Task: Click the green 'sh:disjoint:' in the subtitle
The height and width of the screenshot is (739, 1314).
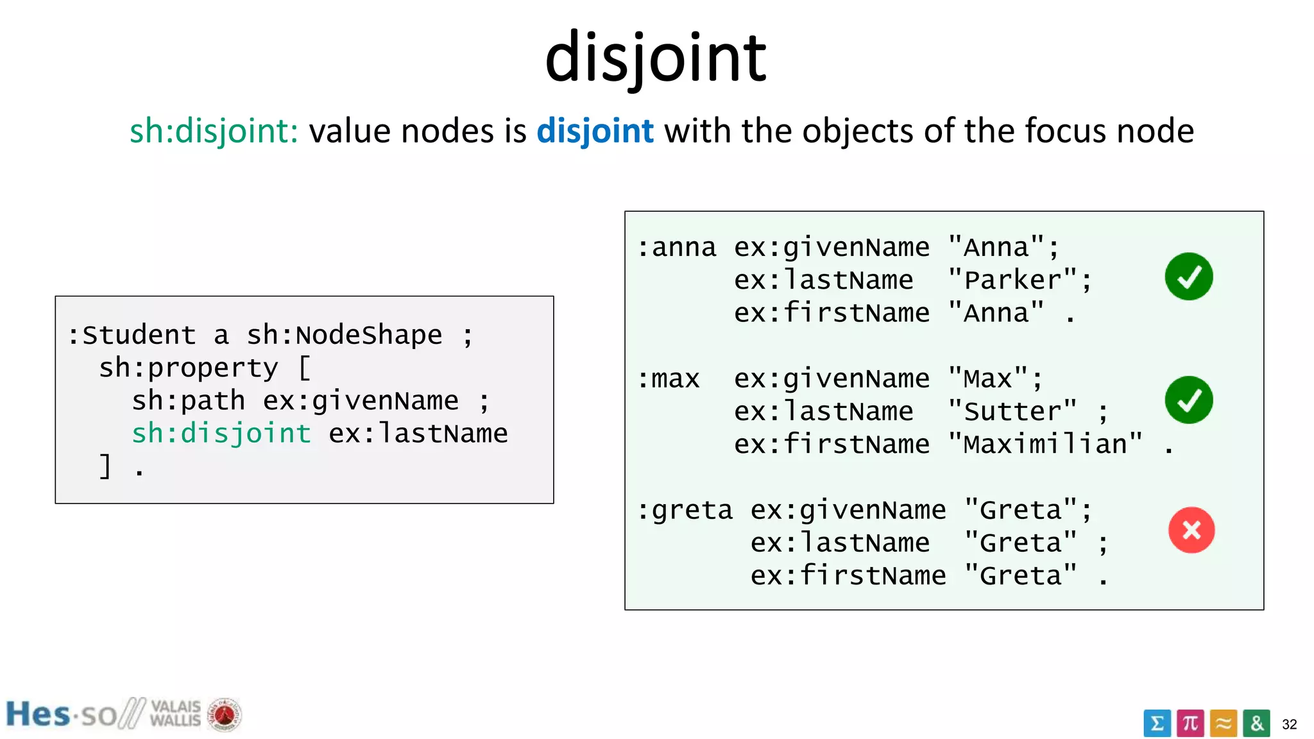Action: point(214,132)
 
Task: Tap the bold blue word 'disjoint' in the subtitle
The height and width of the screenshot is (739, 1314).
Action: point(595,132)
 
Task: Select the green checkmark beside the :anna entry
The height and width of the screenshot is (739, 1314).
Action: point(1188,276)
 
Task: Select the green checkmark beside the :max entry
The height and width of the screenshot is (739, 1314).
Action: point(1188,400)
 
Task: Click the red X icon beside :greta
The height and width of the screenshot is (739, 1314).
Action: point(1191,531)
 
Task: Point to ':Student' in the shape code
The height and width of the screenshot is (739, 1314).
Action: point(132,336)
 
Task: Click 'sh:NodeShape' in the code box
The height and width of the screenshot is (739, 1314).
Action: point(345,336)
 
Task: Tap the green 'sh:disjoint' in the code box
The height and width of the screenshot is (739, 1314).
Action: point(221,434)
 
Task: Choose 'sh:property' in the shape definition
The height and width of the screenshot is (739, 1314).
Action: point(189,368)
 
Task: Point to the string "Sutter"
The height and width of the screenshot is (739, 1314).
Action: point(1012,412)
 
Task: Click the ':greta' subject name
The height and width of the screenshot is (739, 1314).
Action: point(685,511)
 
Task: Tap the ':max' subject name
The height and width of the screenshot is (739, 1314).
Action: point(668,379)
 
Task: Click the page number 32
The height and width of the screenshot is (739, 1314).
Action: point(1290,724)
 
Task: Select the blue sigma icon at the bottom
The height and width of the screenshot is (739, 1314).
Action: point(1157,724)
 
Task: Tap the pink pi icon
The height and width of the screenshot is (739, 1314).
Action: point(1190,724)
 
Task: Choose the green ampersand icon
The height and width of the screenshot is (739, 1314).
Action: point(1256,724)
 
